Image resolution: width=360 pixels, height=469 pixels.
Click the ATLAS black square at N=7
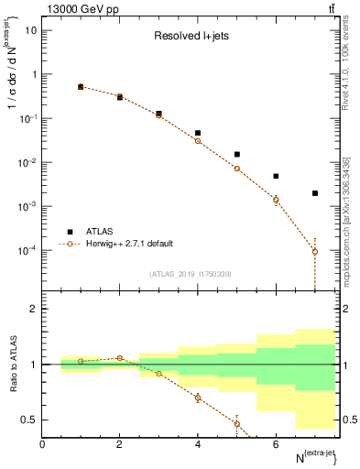click(315, 193)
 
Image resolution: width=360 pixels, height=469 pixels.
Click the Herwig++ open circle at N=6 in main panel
click(276, 200)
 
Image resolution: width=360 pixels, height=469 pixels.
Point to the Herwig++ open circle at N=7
click(315, 251)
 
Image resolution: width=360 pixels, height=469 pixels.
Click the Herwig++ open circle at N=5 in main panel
click(236, 169)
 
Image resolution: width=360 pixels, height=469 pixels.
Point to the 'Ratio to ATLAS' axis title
click(13, 364)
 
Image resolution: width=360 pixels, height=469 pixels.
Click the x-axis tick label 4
click(198, 443)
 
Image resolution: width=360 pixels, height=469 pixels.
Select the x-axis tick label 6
click(276, 443)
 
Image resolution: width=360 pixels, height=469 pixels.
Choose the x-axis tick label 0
click(42, 443)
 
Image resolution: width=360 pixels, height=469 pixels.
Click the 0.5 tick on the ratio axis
click(28, 420)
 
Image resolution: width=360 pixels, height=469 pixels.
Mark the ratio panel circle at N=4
click(198, 398)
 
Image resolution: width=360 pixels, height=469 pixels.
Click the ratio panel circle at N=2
click(119, 358)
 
